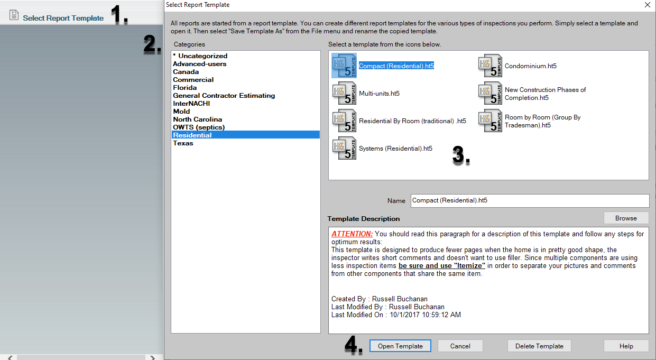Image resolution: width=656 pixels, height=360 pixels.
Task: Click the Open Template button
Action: click(400, 346)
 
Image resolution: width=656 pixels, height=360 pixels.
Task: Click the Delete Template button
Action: click(539, 346)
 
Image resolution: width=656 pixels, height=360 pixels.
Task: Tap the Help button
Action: click(626, 346)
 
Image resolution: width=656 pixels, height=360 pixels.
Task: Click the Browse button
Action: click(626, 218)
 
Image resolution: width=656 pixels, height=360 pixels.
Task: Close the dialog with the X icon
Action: click(648, 5)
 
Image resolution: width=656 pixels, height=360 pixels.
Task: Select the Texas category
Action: click(183, 143)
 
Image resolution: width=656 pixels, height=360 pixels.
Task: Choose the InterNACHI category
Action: click(191, 104)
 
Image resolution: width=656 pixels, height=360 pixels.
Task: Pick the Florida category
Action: click(185, 88)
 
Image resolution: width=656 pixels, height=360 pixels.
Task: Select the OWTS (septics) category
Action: click(199, 127)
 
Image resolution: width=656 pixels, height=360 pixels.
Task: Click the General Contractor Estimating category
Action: click(224, 96)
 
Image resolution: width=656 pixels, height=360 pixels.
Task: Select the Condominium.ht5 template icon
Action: click(490, 66)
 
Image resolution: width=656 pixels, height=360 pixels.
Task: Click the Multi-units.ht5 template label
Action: click(379, 94)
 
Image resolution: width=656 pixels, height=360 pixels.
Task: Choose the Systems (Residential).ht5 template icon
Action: click(344, 148)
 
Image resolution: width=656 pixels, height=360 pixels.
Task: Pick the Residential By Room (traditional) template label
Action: click(412, 121)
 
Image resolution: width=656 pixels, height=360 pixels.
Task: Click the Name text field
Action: click(530, 201)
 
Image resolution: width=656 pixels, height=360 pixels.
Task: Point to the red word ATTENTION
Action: click(352, 234)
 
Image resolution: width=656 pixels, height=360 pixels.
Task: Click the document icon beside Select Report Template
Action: click(14, 15)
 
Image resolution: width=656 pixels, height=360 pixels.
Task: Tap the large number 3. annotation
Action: click(461, 155)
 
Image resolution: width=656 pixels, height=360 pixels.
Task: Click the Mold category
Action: click(181, 112)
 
